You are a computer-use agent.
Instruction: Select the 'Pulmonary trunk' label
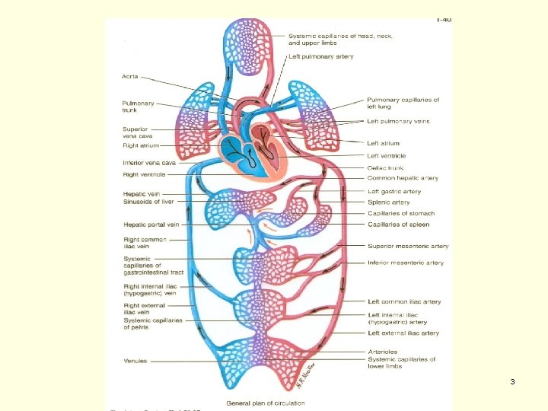pyautogui.click(x=139, y=107)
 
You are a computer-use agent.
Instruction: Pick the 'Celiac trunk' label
pyautogui.click(x=386, y=168)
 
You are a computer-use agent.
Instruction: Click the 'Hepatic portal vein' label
pyautogui.click(x=151, y=225)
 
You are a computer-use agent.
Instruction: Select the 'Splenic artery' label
pyautogui.click(x=389, y=202)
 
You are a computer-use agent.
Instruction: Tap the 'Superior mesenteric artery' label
pyautogui.click(x=408, y=247)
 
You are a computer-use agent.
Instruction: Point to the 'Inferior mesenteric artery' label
pyautogui.click(x=406, y=263)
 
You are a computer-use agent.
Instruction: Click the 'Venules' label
pyautogui.click(x=135, y=361)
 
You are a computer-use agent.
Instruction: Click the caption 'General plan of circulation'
pyautogui.click(x=259, y=403)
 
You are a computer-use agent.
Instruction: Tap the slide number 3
pyautogui.click(x=513, y=381)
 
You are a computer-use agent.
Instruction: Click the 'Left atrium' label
pyautogui.click(x=383, y=143)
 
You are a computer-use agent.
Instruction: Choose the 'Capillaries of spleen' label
pyautogui.click(x=399, y=225)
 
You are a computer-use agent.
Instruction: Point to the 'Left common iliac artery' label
pyautogui.click(x=404, y=302)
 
